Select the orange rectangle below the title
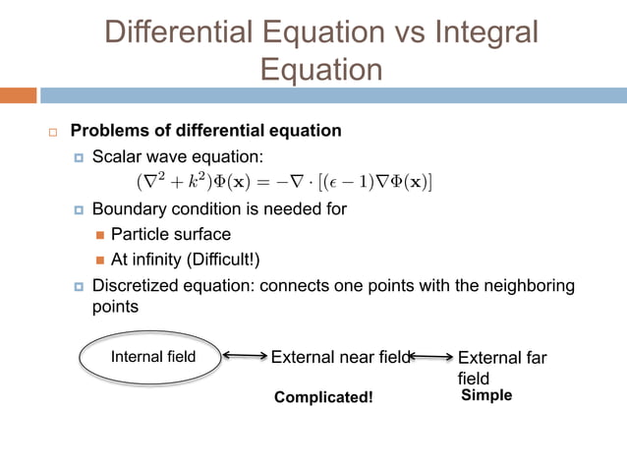tap(18, 95)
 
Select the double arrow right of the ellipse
tap(245, 357)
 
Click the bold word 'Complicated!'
tap(323, 397)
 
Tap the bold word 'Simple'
tap(486, 395)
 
